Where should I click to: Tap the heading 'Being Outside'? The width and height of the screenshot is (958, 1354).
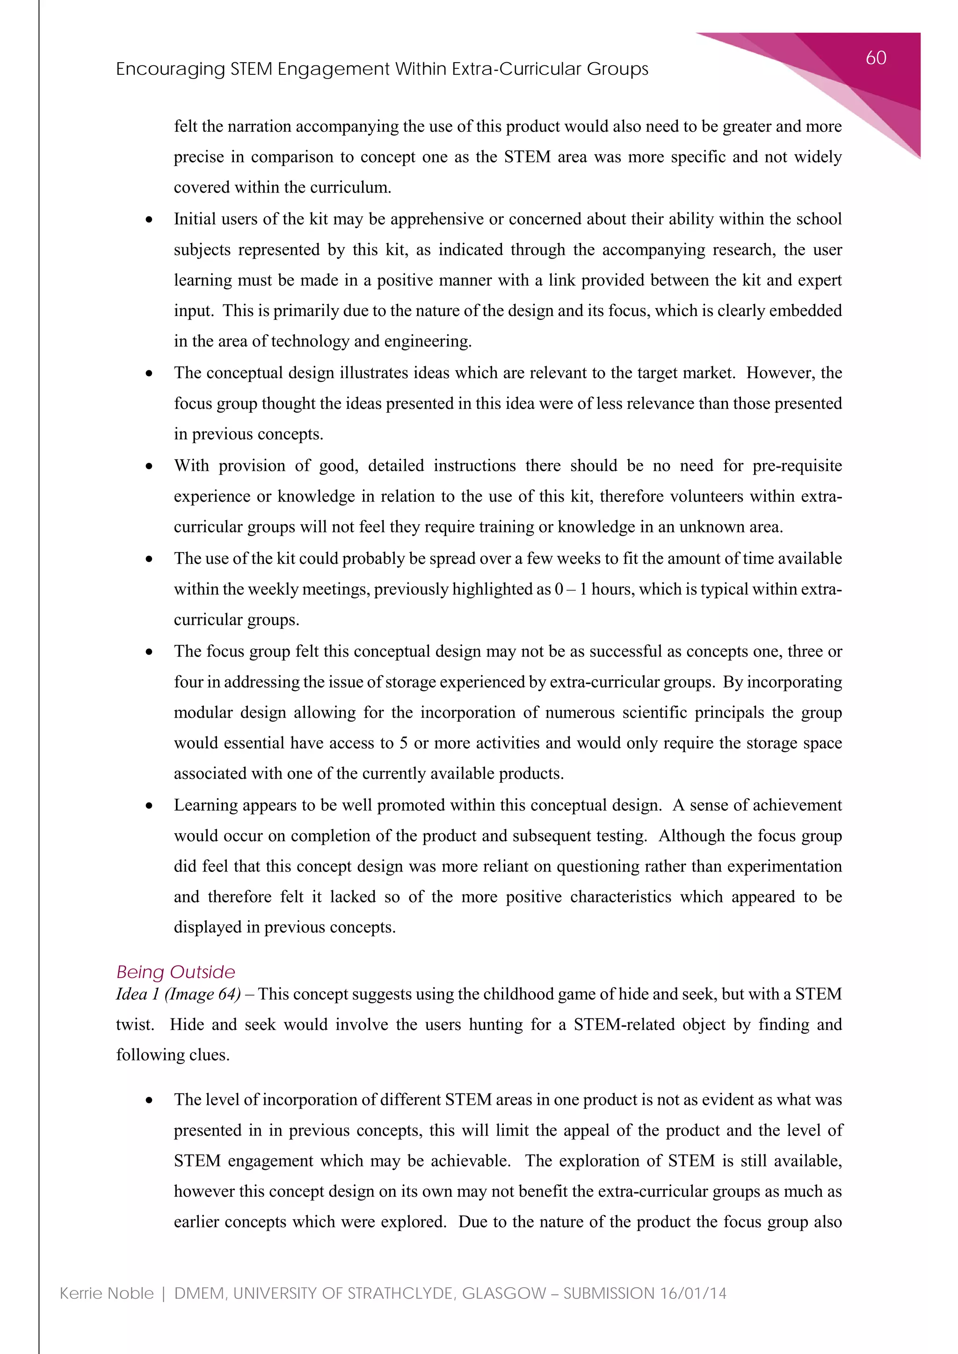[175, 972]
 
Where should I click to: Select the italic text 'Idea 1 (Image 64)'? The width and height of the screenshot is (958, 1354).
[178, 994]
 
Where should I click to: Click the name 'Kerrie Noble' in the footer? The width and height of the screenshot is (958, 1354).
[107, 1293]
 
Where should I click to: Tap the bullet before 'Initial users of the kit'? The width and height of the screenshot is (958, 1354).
[149, 220]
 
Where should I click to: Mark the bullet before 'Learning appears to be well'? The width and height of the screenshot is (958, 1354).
[149, 806]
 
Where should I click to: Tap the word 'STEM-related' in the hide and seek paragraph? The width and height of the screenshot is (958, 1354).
[624, 1025]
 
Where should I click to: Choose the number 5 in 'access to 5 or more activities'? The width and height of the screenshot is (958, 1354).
[404, 743]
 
